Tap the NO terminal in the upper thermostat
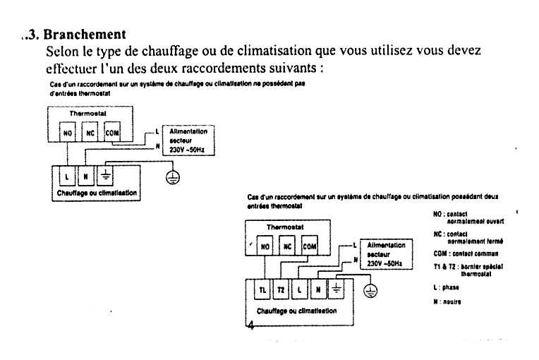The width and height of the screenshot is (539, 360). pos(68,133)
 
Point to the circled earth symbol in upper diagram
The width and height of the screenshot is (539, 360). pos(172,177)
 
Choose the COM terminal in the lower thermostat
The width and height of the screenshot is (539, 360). pos(310,247)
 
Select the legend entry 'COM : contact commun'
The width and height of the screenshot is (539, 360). pos(466,253)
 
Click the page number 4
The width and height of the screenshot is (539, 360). pos(250,325)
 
